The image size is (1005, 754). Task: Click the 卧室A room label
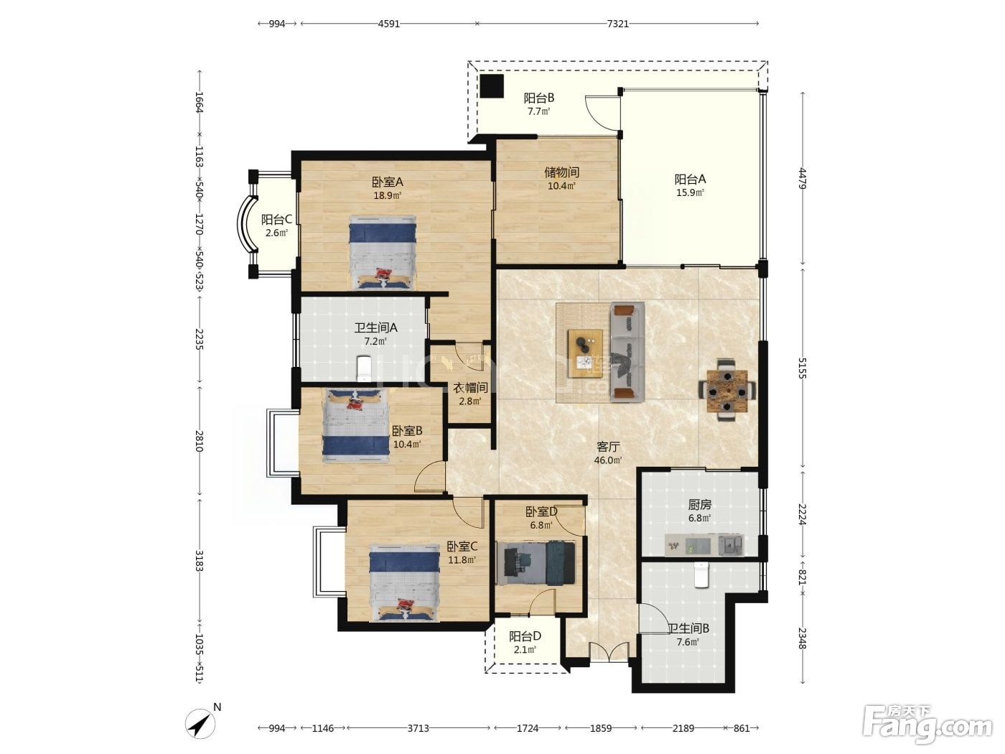387,182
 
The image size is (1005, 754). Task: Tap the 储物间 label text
561,172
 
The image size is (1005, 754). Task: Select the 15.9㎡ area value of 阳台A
690,192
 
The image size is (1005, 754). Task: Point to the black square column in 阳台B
492,86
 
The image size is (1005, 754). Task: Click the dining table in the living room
727,390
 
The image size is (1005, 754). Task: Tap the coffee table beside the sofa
585,353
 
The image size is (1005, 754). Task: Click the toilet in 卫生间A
365,368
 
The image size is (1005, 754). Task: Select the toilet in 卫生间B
701,575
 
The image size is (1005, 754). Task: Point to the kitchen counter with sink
704,545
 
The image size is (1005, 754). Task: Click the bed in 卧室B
356,426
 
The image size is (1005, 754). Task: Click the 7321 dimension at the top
617,24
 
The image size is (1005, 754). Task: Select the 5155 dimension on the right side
802,368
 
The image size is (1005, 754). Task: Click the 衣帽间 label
470,388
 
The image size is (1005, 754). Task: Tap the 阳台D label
525,636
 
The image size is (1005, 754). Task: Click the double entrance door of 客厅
609,651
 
